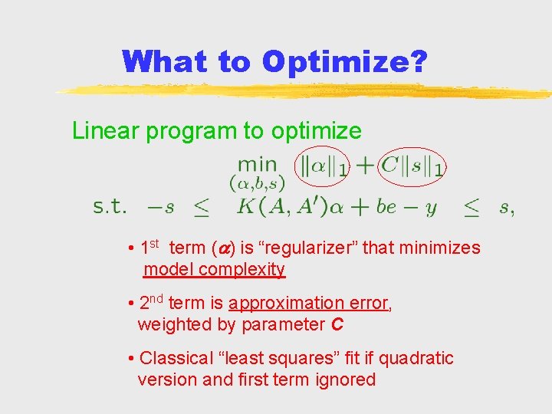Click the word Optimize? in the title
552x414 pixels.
pos(344,62)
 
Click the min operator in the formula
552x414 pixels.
pos(258,163)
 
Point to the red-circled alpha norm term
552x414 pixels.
pos(323,166)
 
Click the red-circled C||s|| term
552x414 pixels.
pos(412,166)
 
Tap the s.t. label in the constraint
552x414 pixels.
pos(110,207)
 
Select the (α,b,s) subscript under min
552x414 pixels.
pos(258,183)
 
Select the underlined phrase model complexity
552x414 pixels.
pos(215,269)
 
